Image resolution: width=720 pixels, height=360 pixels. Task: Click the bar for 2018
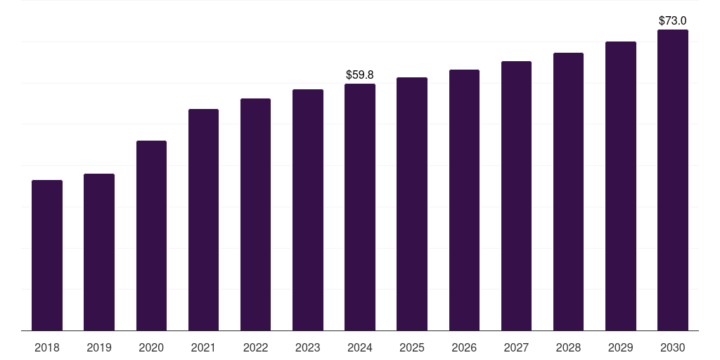47,255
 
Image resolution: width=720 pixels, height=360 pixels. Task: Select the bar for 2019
99,252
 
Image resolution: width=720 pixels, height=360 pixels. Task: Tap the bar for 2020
151,236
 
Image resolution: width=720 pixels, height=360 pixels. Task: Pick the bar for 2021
203,219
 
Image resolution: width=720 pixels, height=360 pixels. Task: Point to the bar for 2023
308,210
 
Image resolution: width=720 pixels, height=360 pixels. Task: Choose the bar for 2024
360,207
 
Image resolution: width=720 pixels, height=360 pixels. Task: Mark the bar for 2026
464,200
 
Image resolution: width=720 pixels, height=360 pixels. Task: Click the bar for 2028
568,191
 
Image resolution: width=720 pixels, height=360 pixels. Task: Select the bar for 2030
673,180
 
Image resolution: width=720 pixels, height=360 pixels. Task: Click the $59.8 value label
360,75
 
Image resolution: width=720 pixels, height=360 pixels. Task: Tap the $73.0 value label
673,20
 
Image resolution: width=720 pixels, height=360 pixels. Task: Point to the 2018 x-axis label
47,347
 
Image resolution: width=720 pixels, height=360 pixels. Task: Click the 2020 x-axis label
151,347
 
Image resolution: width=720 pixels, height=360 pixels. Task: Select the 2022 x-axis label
255,347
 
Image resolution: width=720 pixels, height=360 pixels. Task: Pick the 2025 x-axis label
412,347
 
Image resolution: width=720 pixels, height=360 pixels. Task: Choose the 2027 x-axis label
516,347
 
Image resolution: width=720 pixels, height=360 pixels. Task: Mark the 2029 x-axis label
621,347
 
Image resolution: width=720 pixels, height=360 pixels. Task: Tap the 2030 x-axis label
673,347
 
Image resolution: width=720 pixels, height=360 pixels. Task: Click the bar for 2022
255,214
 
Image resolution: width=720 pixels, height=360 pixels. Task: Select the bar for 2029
621,186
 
